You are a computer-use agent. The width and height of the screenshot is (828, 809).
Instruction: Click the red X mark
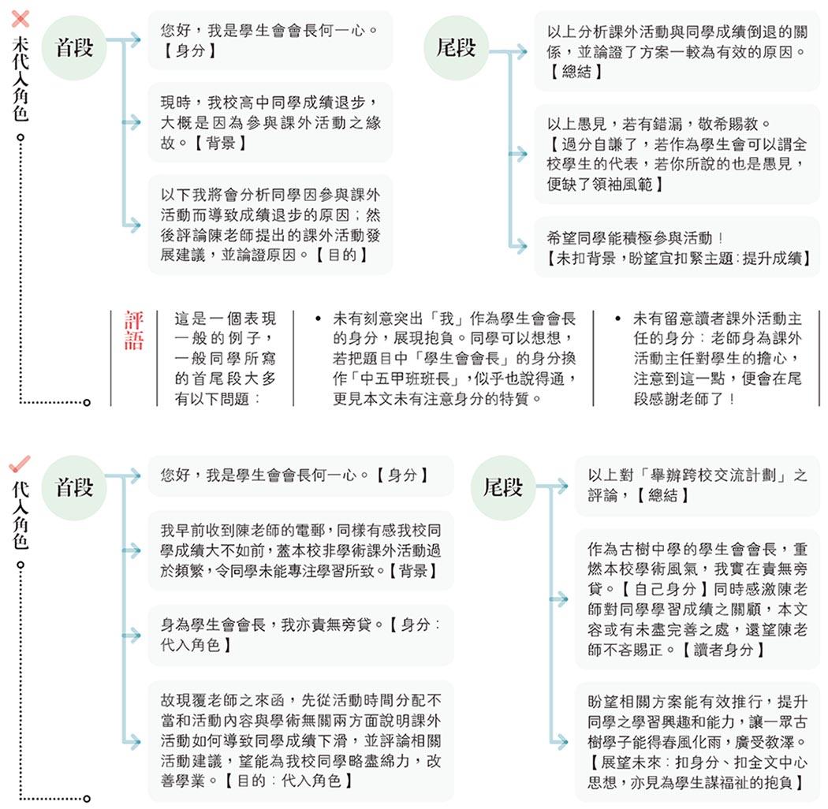[x=21, y=18]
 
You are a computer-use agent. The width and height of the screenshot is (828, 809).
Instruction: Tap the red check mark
[x=20, y=463]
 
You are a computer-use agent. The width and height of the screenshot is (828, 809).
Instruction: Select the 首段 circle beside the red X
[x=74, y=47]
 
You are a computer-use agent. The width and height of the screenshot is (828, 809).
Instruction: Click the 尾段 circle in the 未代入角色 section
[x=456, y=47]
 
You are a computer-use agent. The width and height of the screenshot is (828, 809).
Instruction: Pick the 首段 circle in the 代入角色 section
[x=74, y=487]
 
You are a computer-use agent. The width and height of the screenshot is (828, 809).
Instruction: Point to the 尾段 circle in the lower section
[x=503, y=487]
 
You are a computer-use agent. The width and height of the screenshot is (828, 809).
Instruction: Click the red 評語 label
[x=133, y=330]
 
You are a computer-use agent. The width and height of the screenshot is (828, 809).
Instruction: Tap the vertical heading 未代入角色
[x=20, y=79]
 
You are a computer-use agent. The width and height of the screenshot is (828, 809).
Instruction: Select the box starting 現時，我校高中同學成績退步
[x=270, y=122]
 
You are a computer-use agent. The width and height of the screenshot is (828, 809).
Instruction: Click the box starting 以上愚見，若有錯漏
[x=677, y=154]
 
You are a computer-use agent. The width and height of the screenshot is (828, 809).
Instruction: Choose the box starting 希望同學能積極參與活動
[x=677, y=247]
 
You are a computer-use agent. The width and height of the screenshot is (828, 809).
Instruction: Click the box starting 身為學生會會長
[x=300, y=635]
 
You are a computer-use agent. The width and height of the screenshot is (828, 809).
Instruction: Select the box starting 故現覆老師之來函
[x=300, y=740]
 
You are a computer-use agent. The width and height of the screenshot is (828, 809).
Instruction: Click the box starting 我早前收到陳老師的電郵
[x=300, y=550]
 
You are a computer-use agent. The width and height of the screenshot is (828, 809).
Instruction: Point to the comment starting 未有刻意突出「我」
[x=453, y=358]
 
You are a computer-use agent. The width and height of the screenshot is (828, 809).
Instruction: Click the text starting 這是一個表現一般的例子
[x=225, y=358]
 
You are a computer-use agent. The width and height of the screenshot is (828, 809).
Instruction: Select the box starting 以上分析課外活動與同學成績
[x=677, y=51]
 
